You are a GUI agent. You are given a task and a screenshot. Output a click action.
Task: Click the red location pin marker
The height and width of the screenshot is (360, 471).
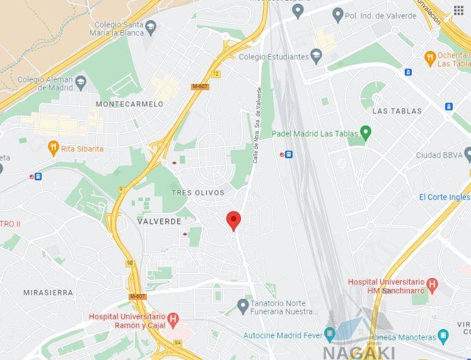(x=233, y=220)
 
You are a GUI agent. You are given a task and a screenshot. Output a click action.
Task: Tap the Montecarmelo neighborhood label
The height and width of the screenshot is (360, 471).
(x=129, y=104)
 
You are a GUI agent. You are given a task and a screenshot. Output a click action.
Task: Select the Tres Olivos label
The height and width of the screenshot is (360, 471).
(x=198, y=193)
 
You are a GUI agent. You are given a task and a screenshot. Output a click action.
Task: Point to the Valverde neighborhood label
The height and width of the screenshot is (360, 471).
(x=160, y=221)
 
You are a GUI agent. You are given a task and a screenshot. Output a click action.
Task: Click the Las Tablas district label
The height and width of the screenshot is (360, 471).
(x=397, y=111)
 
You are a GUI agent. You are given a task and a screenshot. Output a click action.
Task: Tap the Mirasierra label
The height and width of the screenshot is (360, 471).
(x=48, y=293)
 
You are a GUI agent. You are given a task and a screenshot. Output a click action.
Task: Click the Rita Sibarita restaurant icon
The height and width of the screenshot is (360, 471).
(x=54, y=148)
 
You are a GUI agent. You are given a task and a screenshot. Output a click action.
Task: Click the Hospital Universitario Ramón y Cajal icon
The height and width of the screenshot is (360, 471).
(x=173, y=320)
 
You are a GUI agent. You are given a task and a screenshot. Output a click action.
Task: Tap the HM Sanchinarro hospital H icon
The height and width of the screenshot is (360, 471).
(x=432, y=284)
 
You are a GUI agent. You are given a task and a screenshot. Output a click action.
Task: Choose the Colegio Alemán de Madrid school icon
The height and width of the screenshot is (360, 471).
(x=81, y=83)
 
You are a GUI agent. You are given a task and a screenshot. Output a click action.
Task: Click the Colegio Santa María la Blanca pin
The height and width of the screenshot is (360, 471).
(x=151, y=27)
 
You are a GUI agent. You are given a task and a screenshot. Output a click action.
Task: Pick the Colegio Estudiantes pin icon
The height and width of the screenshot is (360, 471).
(x=317, y=57)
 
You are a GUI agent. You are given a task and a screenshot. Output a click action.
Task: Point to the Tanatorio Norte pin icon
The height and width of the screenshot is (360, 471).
(x=243, y=306)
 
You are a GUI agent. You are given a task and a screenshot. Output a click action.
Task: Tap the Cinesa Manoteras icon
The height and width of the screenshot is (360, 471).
(x=444, y=337)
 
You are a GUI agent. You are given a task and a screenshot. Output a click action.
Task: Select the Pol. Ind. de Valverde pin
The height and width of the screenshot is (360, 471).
(x=338, y=15)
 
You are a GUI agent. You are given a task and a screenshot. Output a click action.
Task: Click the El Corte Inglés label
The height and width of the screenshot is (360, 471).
(x=445, y=197)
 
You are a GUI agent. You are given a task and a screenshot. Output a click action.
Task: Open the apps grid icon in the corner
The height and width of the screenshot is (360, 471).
(x=459, y=10)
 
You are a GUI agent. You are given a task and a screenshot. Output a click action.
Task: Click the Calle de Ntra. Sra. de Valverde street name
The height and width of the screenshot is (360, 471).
(x=257, y=125)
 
